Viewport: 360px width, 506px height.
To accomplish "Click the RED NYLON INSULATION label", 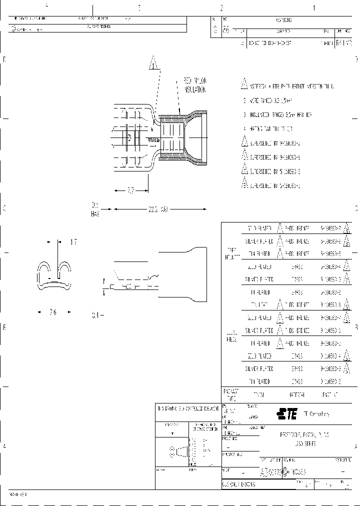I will (194, 85).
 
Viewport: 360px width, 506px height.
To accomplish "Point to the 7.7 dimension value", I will (130, 190).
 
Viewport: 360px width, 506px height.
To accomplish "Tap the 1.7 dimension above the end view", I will (73, 242).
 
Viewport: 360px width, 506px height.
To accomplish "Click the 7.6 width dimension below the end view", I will (53, 312).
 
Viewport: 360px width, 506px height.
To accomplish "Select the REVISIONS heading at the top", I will (283, 20).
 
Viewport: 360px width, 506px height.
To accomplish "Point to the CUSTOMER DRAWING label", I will (239, 484).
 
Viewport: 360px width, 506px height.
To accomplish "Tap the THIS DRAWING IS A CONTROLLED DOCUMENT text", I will (187, 408).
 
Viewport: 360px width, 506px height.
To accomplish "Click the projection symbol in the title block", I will (178, 452).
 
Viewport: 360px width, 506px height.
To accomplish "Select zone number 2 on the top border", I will (220, 8).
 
